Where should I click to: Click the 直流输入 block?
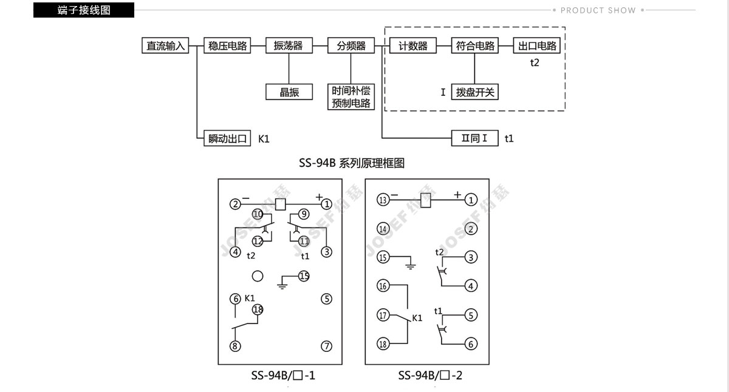point(165,46)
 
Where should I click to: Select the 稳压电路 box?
point(227,46)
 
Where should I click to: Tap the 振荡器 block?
point(289,46)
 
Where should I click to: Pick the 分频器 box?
point(351,46)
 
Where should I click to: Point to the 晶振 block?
point(289,92)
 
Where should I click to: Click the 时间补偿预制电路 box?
point(351,97)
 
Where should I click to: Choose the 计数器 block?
point(412,46)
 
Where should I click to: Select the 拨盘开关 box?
point(475,92)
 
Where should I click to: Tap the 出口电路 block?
point(537,46)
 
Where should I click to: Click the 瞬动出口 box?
point(227,138)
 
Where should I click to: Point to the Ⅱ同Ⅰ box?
point(475,138)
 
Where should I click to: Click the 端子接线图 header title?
point(84,10)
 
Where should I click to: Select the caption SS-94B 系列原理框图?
point(352,163)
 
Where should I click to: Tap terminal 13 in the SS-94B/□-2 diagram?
point(383,200)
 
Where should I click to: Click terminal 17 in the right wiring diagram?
point(383,315)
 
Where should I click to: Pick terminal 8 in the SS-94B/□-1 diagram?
point(235,346)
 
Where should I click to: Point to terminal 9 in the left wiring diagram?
point(304,214)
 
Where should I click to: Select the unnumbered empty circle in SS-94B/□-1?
point(258,276)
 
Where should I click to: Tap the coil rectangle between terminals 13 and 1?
point(426,200)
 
